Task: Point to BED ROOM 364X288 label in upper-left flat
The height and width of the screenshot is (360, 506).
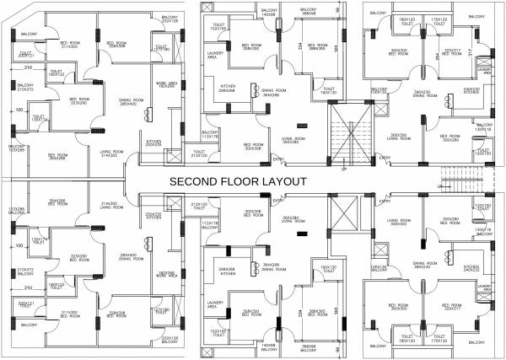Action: tap(57, 157)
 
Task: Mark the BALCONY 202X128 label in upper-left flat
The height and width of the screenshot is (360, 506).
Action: tap(169, 19)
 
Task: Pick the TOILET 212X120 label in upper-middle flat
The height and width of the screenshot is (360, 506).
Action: tap(198, 155)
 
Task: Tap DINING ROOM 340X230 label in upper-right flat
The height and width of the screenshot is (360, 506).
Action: tap(424, 94)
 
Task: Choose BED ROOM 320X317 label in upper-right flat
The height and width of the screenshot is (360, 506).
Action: tap(452, 52)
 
